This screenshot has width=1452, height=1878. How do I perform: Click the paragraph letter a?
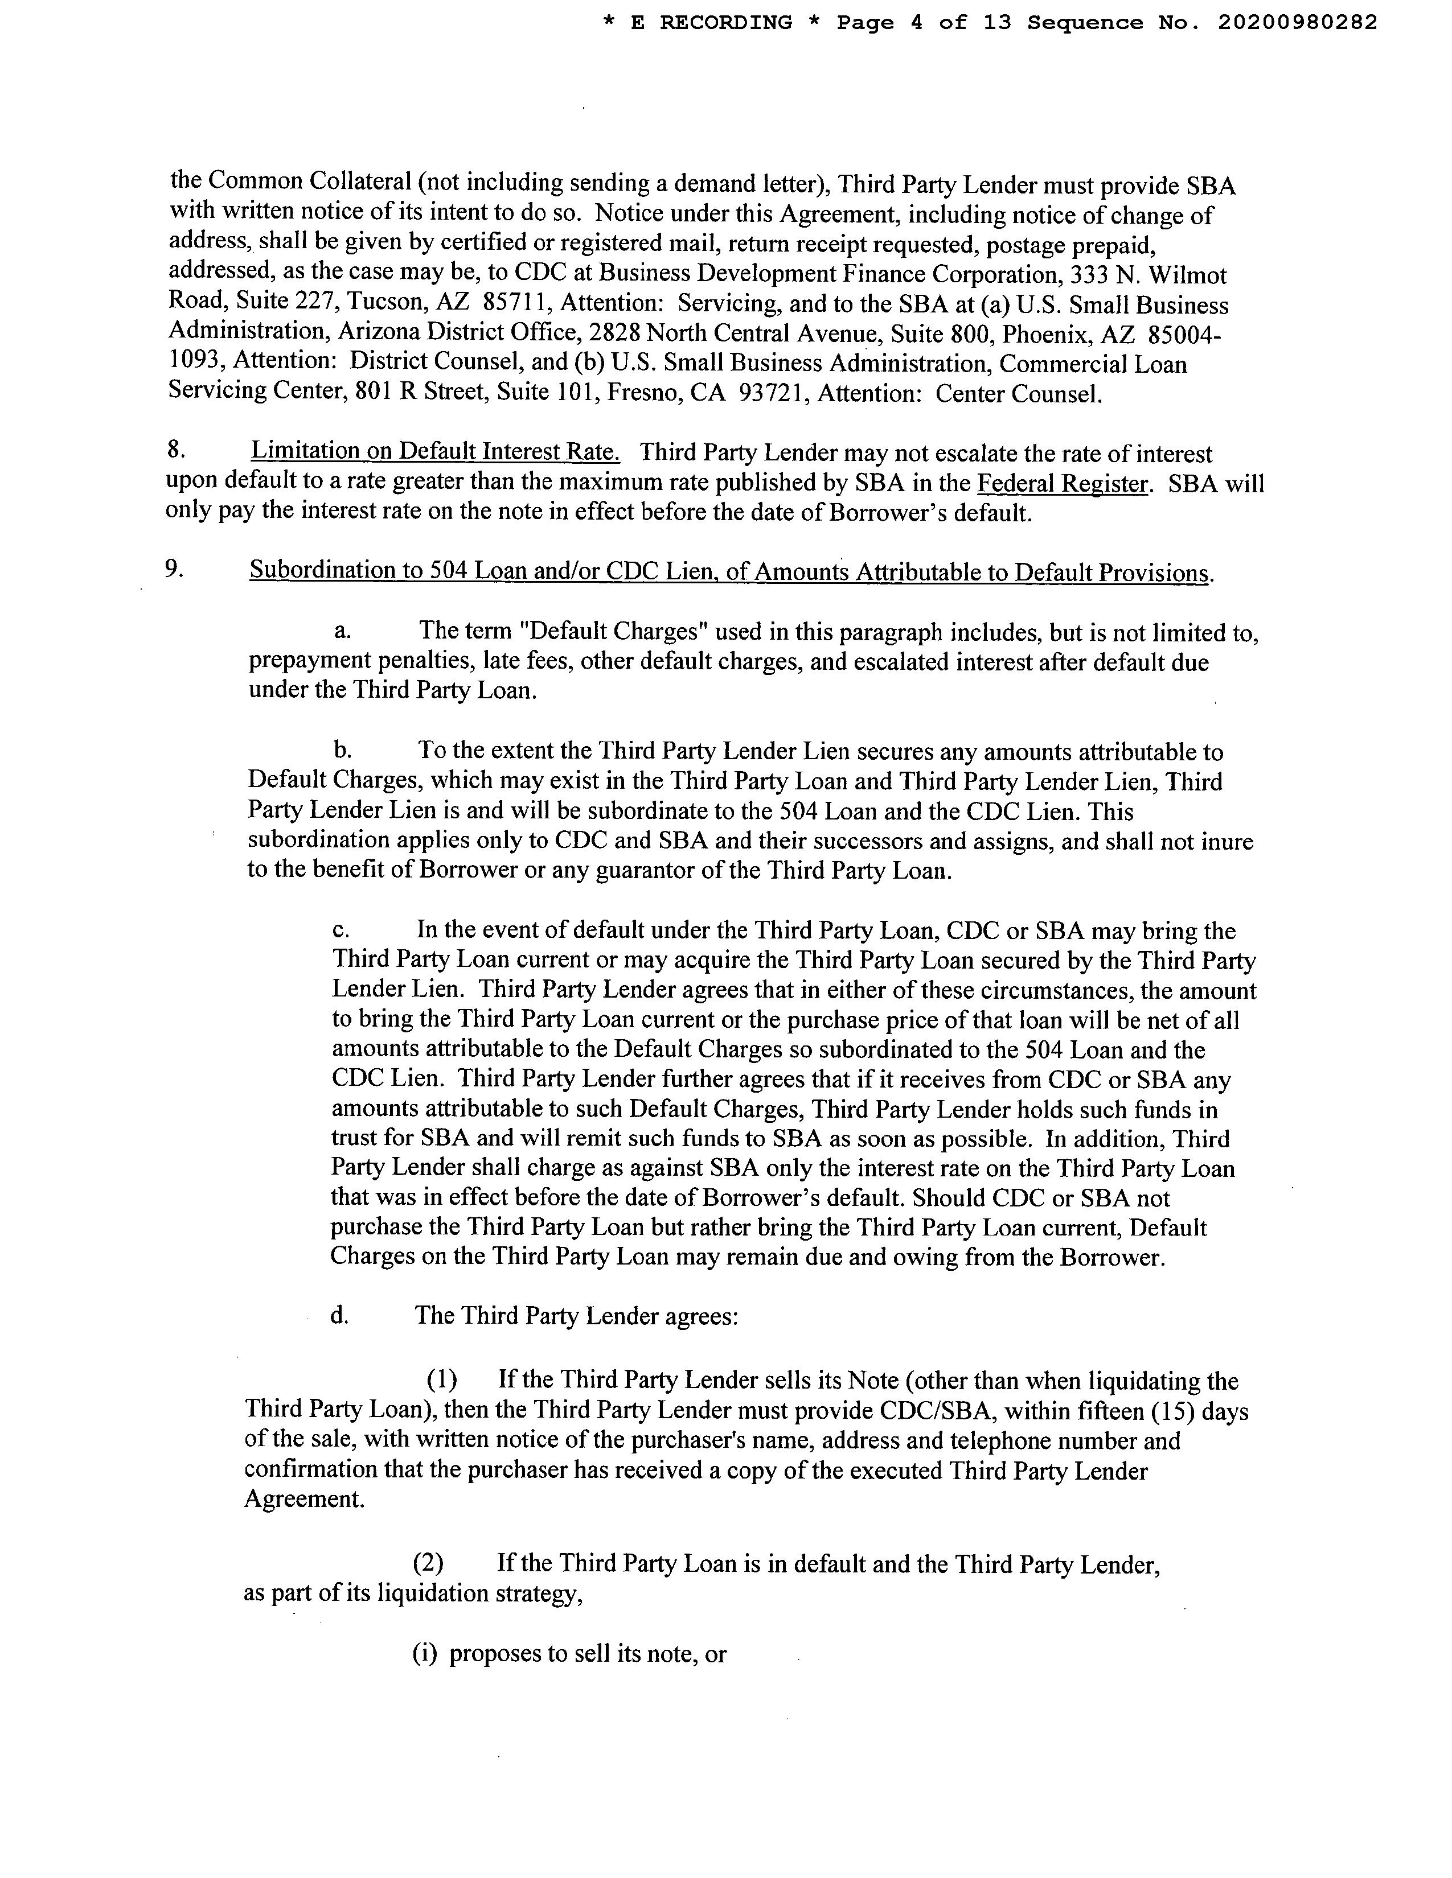342,631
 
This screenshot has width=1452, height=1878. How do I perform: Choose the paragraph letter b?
342,750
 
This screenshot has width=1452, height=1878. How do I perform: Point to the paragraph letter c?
341,930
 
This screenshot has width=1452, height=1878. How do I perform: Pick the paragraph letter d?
339,1316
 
